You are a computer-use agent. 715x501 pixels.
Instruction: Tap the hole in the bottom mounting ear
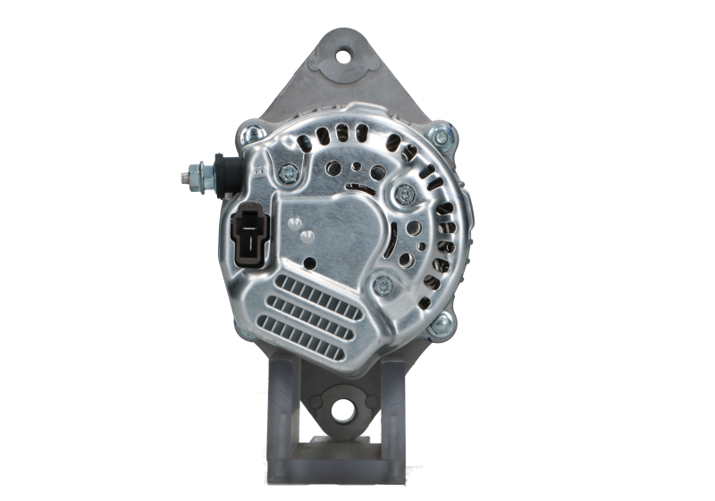pos(342,411)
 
